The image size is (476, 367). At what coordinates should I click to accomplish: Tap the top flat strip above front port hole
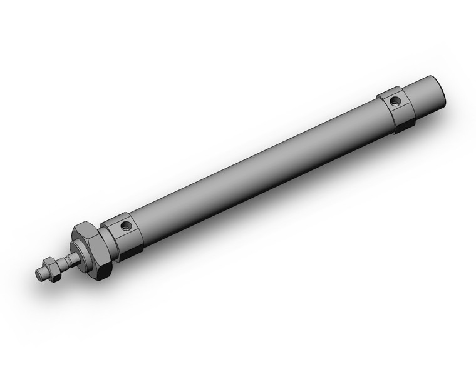coord(119,216)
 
